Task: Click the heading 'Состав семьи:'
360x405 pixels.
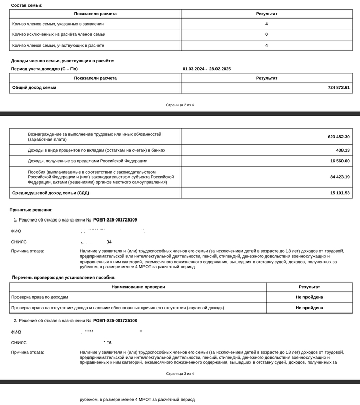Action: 27,5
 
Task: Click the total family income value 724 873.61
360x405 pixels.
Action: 338,88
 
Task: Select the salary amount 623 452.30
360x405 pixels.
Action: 338,137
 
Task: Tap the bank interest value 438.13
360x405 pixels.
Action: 343,150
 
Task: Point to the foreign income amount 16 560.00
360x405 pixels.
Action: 340,161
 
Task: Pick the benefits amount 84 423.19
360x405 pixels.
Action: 340,177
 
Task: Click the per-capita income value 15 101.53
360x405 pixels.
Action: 340,193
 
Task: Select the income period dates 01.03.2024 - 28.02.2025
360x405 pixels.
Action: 207,69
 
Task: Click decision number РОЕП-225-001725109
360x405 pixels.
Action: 115,220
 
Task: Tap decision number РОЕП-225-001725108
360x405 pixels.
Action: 115,320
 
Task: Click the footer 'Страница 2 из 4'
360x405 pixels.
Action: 180,105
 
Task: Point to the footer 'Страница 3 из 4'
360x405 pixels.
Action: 180,374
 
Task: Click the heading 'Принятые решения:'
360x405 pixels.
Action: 31,210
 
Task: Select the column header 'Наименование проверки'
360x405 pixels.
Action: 138,287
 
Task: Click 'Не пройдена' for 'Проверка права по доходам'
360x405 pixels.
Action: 309,297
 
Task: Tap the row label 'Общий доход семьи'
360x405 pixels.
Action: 34,88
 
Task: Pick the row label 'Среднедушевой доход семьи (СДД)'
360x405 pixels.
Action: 50,193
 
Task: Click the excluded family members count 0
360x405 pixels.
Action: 266,34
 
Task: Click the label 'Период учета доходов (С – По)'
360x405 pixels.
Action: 44,69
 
